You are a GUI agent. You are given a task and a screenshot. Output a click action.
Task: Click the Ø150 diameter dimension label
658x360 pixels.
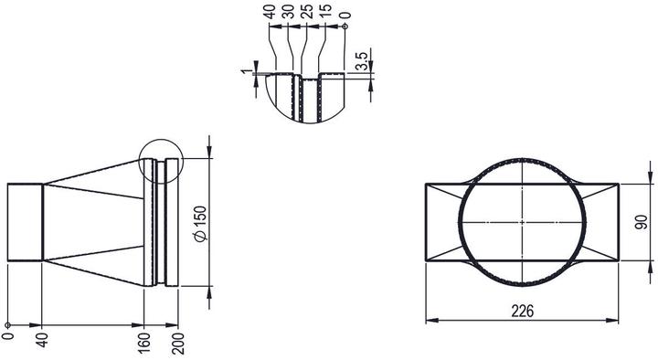[201, 224]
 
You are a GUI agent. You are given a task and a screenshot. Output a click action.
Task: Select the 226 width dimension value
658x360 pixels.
[523, 312]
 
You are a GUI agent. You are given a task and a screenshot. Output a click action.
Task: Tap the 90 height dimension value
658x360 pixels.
[641, 222]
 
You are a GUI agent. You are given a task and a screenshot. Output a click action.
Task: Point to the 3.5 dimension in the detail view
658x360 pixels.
[362, 60]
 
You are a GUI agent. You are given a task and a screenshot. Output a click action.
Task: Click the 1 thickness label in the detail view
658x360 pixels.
[246, 71]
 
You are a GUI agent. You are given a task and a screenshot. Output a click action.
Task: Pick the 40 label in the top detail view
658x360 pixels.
[270, 12]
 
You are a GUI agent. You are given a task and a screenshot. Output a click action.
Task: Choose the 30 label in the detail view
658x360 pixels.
[288, 12]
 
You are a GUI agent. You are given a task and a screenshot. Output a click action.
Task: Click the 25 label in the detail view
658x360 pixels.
[307, 12]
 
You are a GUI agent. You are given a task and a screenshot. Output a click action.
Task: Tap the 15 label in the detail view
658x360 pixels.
[325, 12]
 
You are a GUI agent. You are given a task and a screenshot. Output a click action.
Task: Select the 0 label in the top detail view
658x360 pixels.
[345, 16]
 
